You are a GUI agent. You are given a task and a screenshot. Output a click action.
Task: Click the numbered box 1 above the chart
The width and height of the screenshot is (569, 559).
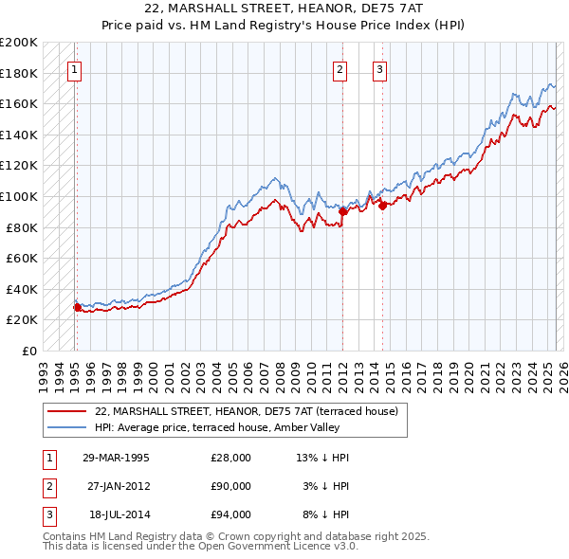coord(74,68)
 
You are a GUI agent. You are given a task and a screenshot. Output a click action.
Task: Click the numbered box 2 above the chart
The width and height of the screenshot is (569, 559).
coord(340,68)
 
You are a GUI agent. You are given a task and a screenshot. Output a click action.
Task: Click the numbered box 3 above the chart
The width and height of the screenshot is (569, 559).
coord(379,68)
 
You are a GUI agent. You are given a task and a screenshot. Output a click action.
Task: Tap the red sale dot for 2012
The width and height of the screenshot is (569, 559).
coord(343,212)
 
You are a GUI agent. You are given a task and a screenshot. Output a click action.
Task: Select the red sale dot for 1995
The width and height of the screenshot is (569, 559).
coord(77,307)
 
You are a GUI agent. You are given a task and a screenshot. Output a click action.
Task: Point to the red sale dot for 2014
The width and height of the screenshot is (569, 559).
coord(382,206)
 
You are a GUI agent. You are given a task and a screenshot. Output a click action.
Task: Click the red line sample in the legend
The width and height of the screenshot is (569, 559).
coord(67,412)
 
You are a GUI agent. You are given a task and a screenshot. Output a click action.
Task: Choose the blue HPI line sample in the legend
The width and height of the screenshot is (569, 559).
coord(67,427)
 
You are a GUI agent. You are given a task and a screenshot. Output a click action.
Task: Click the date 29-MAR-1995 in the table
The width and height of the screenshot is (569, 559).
coord(117,458)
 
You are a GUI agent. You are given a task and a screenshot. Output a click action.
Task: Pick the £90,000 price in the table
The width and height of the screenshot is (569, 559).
coord(230,487)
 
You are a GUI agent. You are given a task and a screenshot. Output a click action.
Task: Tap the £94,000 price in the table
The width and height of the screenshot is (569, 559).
coord(230,515)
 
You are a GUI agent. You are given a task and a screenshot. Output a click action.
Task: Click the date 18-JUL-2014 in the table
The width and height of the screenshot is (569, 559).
coord(118,515)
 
